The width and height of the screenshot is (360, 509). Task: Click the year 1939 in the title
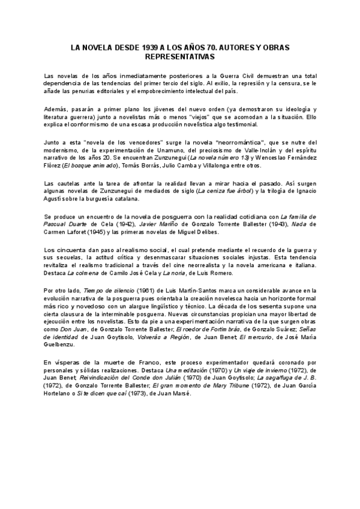point(154,46)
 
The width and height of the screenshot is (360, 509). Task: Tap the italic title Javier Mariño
point(158,224)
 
